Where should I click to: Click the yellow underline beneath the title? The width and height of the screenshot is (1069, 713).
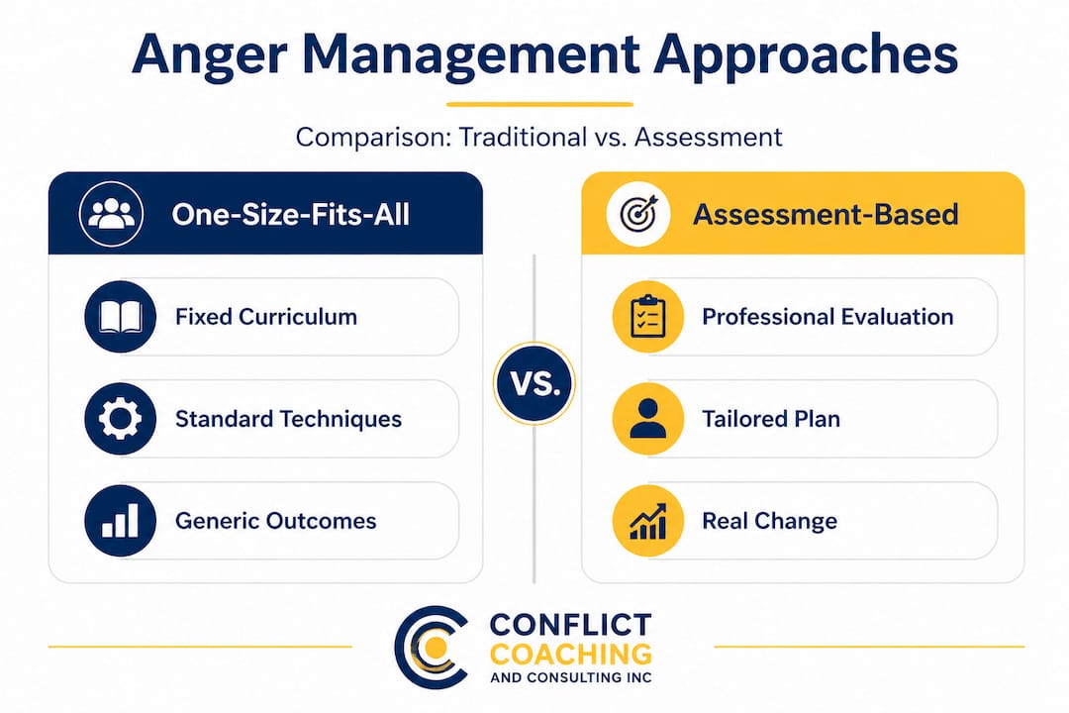[538, 103]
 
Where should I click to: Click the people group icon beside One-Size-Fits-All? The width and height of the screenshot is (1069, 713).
[111, 214]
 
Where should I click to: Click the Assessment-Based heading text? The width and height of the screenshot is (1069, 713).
[825, 215]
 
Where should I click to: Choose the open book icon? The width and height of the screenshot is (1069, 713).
[121, 317]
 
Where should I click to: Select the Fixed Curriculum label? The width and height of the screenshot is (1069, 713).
[265, 317]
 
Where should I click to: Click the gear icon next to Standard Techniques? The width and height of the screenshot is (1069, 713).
[121, 419]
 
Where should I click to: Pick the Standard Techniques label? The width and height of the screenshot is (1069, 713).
[288, 419]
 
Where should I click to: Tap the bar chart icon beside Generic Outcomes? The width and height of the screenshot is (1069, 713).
[121, 521]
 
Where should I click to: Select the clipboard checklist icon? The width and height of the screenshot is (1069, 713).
[648, 317]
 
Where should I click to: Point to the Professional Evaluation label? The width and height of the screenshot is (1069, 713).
[827, 317]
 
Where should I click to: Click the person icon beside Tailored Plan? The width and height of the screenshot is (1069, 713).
[648, 419]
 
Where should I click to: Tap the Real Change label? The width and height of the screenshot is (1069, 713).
[769, 521]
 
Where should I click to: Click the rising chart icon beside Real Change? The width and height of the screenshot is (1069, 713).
[648, 521]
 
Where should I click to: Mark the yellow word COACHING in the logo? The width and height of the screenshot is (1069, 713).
[571, 654]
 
